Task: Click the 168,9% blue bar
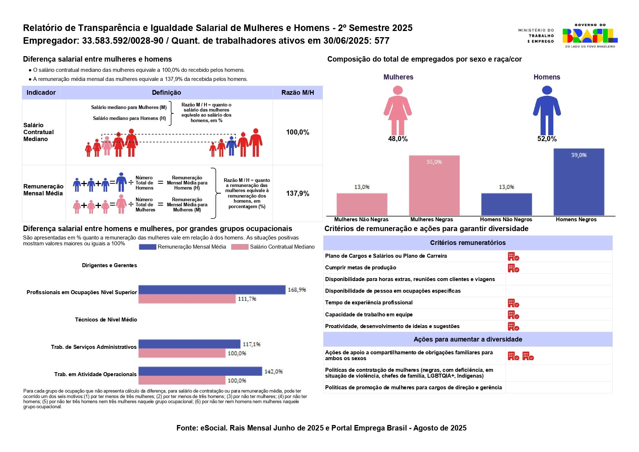212,290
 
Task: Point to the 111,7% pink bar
187,299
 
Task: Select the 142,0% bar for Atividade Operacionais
200,371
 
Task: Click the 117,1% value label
252,344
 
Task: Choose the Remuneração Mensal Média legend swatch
148,247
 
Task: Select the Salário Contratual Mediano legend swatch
240,247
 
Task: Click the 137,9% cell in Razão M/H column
297,193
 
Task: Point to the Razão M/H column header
297,93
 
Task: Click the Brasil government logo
589,36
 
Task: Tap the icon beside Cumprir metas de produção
513,268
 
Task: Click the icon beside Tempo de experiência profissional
513,303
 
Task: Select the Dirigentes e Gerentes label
109,265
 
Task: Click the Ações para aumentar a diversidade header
468,339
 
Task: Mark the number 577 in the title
382,41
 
